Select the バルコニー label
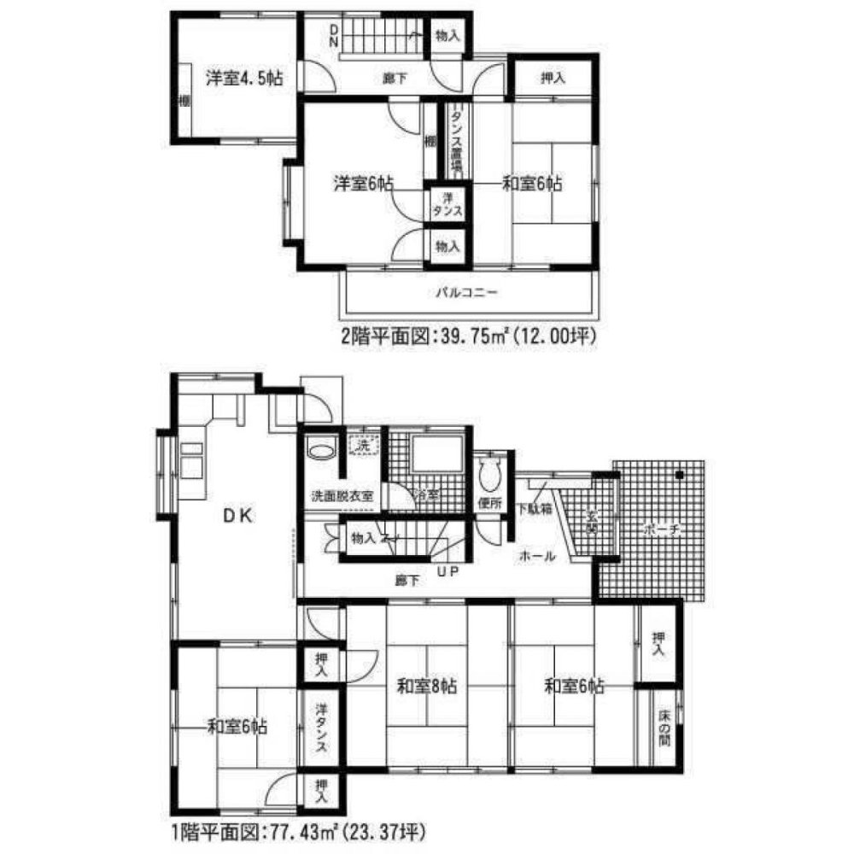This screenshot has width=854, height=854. (466, 291)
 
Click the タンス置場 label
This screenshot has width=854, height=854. (457, 141)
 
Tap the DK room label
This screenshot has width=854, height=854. (237, 516)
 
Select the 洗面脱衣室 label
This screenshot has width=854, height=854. (342, 496)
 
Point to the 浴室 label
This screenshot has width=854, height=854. (426, 495)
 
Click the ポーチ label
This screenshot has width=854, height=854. (661, 529)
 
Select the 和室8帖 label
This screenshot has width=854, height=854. (429, 685)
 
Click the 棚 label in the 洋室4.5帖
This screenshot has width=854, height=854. (184, 101)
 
